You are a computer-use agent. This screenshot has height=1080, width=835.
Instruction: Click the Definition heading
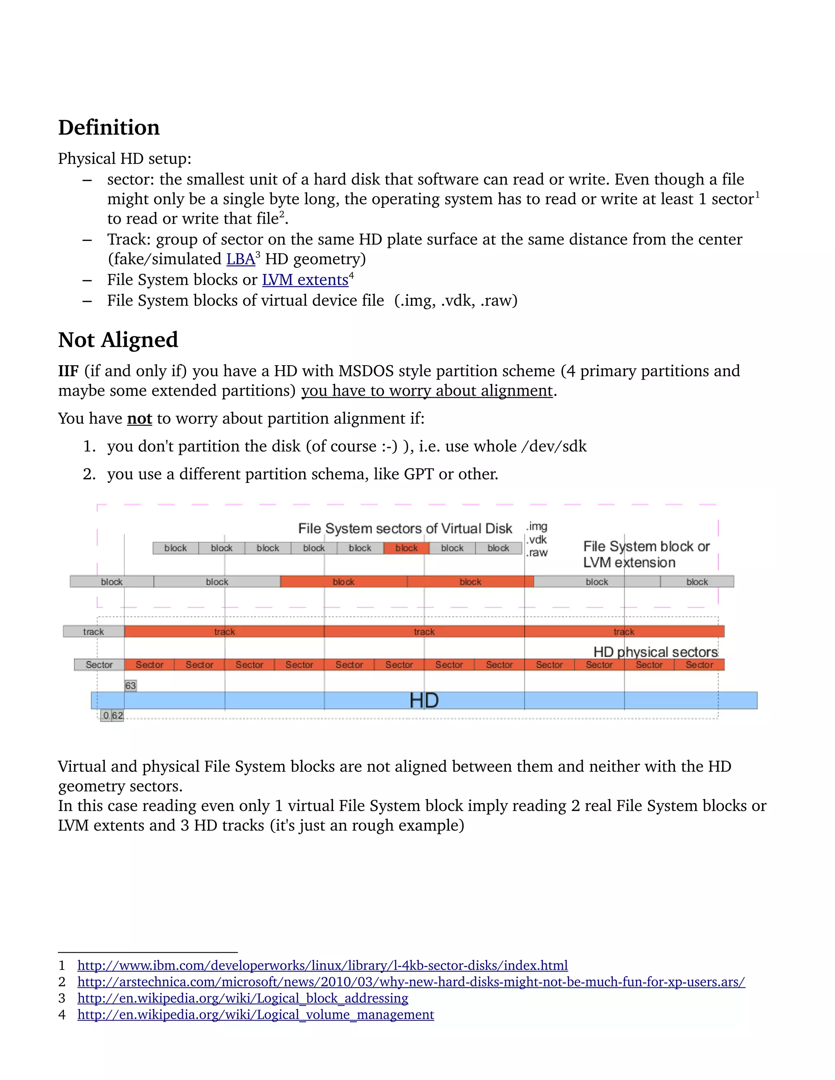coord(109,128)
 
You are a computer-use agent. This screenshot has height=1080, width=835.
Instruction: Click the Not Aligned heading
coord(118,340)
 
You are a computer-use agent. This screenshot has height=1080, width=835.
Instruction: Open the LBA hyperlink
coord(241,259)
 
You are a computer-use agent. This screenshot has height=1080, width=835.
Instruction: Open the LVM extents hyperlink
coord(305,280)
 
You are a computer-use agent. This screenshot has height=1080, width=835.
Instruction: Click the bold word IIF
coord(68,371)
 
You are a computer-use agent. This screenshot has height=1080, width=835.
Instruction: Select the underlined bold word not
coord(139,419)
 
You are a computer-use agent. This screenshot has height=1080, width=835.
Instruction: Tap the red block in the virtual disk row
coord(406,548)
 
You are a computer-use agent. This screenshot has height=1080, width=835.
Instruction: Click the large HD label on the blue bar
coord(424,700)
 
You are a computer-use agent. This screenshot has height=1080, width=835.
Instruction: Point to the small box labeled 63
coord(130,685)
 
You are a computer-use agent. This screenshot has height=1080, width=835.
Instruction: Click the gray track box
coord(93,631)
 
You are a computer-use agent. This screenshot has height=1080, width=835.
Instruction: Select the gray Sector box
coord(99,665)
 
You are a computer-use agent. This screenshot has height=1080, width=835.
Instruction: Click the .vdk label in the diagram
coord(537,540)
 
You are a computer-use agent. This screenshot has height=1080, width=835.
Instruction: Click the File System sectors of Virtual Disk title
coord(404,529)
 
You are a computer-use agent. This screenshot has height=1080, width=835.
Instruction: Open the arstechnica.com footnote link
coord(411,982)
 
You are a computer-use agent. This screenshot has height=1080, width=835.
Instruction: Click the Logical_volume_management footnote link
coord(255,1015)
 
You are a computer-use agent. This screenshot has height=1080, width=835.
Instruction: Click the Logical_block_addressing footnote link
coord(243,998)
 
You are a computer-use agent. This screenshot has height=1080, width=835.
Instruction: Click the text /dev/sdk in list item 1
coord(554,447)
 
